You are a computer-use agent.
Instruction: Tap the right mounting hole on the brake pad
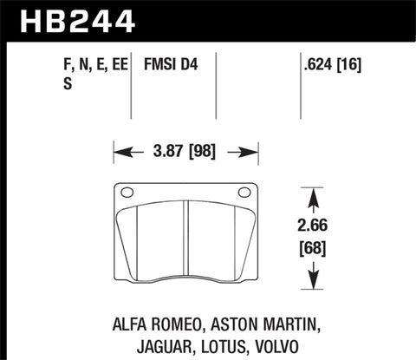click(250, 193)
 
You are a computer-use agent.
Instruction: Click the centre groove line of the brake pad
click(187, 243)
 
